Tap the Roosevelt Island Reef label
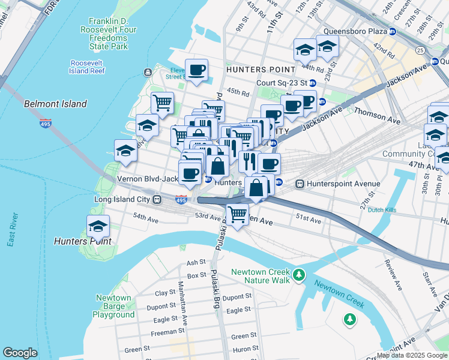88,67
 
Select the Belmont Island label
55,104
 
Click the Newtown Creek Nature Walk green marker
299,276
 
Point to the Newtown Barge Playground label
113,306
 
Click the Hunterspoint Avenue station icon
299,184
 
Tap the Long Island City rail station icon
157,199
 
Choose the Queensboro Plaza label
354,31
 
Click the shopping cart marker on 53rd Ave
238,212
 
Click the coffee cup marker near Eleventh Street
196,70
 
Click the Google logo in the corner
20,353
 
